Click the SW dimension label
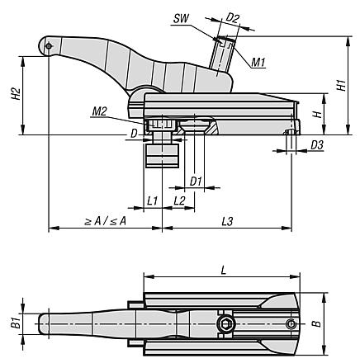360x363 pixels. coord(182,19)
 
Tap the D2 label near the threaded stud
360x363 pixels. coord(233,18)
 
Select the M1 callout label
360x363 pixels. coord(258,63)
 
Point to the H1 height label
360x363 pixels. coord(341,85)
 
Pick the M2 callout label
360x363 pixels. coord(99,111)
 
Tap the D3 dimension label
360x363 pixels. coord(317,145)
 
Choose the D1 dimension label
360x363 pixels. coord(196,181)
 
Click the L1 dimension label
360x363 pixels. coord(152,201)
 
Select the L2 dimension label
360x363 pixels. coord(179,201)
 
